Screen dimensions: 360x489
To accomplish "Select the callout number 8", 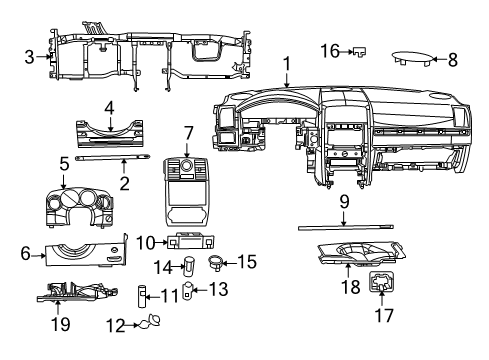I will click(x=452, y=60).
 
